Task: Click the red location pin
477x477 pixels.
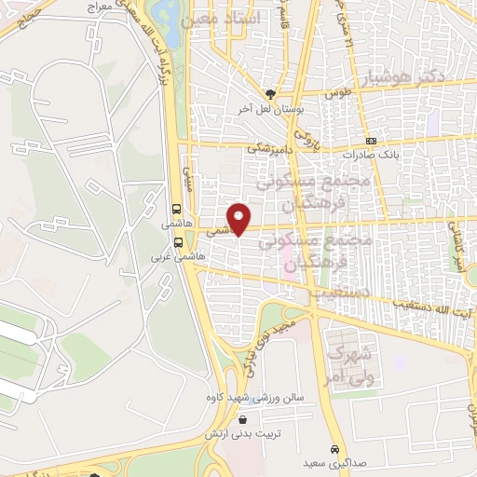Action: [240, 218]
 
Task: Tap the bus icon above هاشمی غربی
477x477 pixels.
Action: [178, 238]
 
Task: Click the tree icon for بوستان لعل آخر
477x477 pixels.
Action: [271, 93]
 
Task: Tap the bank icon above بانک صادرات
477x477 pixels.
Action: [372, 141]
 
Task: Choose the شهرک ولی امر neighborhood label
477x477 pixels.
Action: [351, 365]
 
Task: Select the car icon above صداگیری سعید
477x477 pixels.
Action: [334, 445]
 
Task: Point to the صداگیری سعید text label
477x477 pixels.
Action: [333, 462]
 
